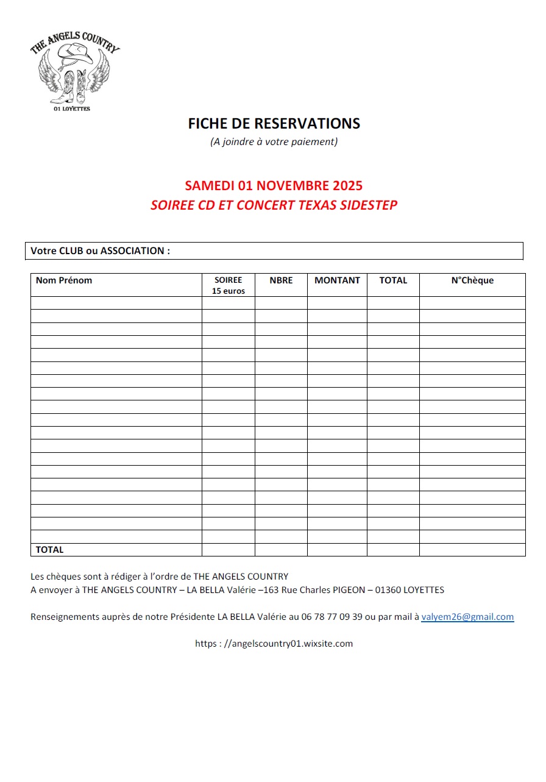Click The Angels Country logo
75,72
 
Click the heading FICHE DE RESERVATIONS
274,124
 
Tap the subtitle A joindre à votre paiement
274,142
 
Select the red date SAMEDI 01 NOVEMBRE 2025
274,185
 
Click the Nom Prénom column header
64,280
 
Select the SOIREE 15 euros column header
229,285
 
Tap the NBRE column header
281,280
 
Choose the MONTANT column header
337,280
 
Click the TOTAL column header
393,280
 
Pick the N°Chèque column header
472,280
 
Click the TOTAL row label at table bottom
49,550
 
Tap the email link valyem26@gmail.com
467,617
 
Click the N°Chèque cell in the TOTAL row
472,550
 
